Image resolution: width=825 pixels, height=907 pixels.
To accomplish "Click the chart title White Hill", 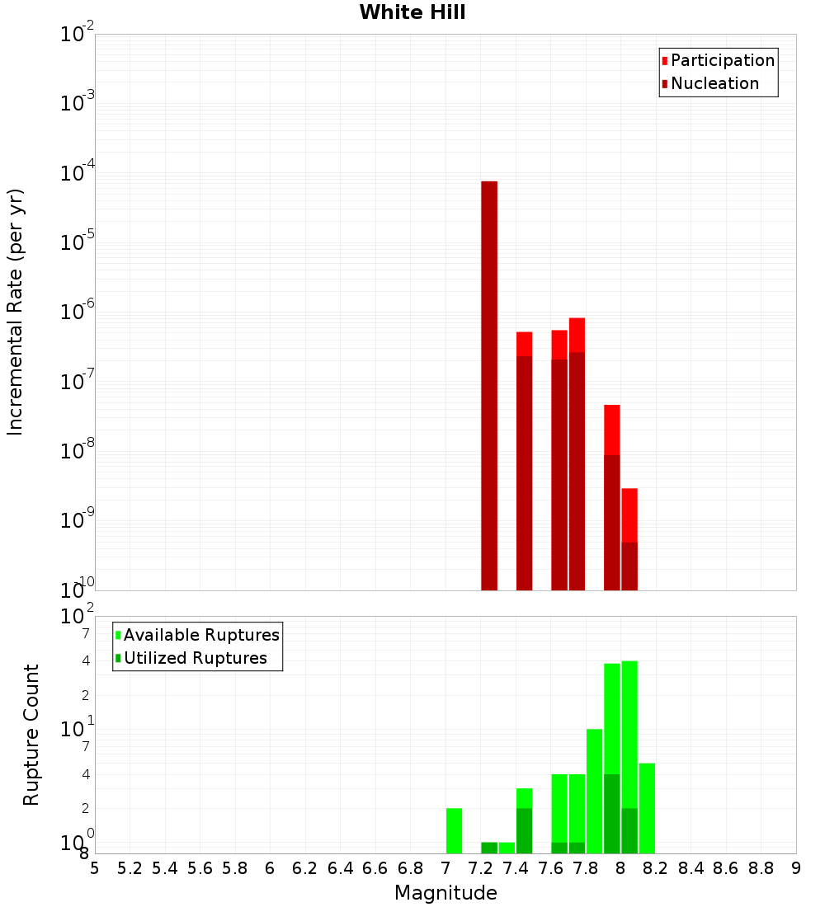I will pos(412,12).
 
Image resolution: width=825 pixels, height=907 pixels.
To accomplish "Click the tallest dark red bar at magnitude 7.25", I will pos(489,379).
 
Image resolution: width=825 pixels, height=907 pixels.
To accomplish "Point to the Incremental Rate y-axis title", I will pos(16,313).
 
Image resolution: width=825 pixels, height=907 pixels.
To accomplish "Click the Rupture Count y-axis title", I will pos(31,735).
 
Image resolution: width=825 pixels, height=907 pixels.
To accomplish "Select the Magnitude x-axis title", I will pos(445,893).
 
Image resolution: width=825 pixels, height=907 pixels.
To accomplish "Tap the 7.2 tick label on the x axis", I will pos(480,868).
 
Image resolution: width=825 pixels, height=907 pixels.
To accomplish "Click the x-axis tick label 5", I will pos(95,868).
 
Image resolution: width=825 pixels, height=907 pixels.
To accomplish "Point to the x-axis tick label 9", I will pos(796,868).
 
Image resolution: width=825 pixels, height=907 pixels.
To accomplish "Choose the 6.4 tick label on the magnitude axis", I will pos(340,868).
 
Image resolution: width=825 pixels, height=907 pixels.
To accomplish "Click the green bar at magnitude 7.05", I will pos(454,830).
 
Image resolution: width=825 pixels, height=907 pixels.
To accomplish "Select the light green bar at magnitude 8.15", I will pos(647,808).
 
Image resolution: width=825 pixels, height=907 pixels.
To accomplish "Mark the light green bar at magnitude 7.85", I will pos(594,792).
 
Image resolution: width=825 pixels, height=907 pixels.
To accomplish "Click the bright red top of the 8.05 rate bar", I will pos(629,515).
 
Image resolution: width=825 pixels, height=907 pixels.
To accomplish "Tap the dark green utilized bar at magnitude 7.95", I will pos(612,813).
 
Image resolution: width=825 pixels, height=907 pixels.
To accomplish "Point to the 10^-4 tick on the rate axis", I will pos(78,174).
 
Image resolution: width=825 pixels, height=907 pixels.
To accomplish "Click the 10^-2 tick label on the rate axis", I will pos(78,35).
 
